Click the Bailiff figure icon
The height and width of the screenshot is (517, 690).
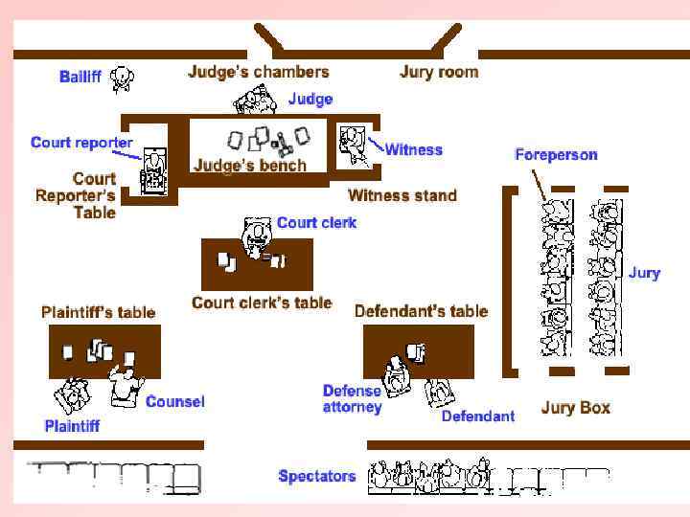[x=122, y=79]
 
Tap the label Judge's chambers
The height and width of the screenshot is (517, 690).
[x=258, y=72]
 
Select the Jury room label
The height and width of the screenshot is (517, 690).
[x=438, y=72]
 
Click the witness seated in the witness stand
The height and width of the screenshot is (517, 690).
[x=352, y=144]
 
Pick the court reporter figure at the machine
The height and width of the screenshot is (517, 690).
[x=151, y=169]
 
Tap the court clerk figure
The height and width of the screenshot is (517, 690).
[x=257, y=235]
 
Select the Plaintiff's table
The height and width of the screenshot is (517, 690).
[x=104, y=351]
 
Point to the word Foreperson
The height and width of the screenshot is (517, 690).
[x=556, y=154]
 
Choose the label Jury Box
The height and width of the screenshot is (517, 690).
[x=575, y=408]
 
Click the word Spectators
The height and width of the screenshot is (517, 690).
[x=316, y=476]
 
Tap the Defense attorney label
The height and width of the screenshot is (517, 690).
[x=352, y=398]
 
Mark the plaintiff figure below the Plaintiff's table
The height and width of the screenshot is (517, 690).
[x=72, y=395]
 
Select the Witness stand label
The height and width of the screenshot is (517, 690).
[x=402, y=195]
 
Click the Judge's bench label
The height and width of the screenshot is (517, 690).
[x=250, y=165]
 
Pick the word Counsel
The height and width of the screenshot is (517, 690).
[x=174, y=401]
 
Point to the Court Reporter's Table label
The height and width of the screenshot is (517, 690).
[x=77, y=195]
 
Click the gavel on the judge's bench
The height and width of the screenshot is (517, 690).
[x=283, y=146]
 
